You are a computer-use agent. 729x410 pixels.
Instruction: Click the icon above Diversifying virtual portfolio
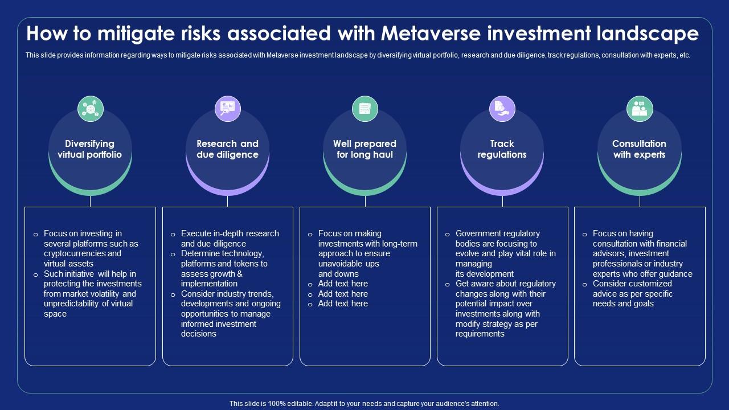91,109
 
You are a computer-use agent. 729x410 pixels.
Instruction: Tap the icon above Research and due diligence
228,109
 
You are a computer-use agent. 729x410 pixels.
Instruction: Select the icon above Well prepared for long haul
365,109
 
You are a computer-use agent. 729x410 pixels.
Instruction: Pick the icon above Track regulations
502,109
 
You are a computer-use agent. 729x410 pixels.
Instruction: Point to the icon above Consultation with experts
640,109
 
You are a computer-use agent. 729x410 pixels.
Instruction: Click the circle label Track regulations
502,149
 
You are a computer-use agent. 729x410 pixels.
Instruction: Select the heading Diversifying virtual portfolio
89,149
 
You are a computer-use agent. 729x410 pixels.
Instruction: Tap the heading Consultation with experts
639,149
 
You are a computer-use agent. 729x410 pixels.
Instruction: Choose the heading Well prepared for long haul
364,149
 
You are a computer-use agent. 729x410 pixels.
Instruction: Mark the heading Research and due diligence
227,149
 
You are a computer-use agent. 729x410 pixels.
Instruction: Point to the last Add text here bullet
343,304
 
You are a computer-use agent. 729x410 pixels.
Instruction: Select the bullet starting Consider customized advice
632,294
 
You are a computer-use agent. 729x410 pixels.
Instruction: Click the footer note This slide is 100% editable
364,403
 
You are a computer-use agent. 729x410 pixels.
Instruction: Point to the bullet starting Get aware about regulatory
505,309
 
